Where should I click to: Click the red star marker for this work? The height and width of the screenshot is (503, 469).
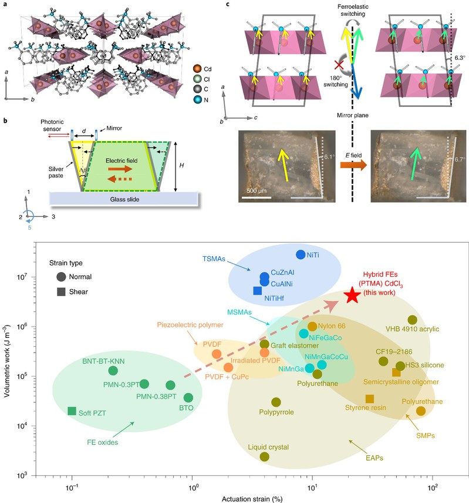point(352,296)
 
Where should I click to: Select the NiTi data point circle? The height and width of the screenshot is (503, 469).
point(301,254)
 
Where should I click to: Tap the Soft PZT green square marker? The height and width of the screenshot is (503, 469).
point(72,411)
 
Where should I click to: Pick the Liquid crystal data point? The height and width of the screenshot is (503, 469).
point(265,457)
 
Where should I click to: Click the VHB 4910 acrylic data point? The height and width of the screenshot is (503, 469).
point(412,320)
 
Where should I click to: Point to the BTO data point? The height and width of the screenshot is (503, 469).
point(188,398)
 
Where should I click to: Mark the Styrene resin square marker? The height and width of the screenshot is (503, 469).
point(369,399)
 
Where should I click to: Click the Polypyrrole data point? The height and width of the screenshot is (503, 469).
point(276,402)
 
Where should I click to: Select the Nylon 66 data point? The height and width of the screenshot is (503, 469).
point(312,326)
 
